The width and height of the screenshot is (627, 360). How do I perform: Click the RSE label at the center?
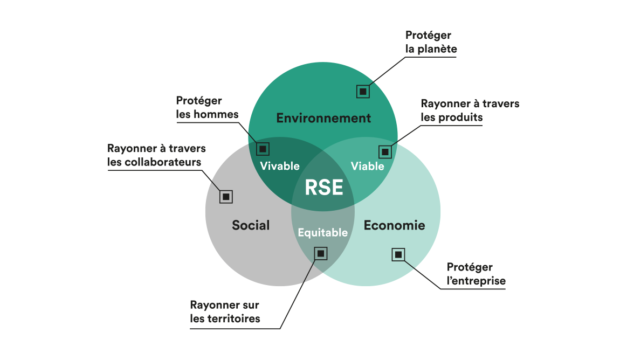click(323, 187)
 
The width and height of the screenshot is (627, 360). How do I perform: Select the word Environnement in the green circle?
click(323, 118)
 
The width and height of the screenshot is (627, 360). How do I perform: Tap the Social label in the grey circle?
click(251, 225)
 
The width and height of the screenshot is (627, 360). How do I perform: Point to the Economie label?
click(394, 225)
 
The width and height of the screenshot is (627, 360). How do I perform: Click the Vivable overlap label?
click(280, 166)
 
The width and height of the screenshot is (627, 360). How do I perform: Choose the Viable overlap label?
click(368, 166)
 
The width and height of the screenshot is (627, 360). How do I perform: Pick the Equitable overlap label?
click(323, 233)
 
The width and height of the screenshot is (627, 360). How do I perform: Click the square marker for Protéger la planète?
click(363, 91)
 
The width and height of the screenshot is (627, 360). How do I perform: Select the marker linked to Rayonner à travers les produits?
click(385, 152)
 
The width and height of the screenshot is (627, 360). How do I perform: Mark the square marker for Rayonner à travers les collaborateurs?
click(226, 196)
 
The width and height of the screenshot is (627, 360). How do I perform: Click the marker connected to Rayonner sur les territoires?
click(321, 253)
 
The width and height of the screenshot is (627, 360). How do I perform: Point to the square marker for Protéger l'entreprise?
click(398, 254)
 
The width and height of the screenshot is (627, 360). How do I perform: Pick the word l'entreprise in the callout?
click(476, 281)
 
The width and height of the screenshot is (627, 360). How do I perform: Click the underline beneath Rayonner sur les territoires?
click(235, 328)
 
